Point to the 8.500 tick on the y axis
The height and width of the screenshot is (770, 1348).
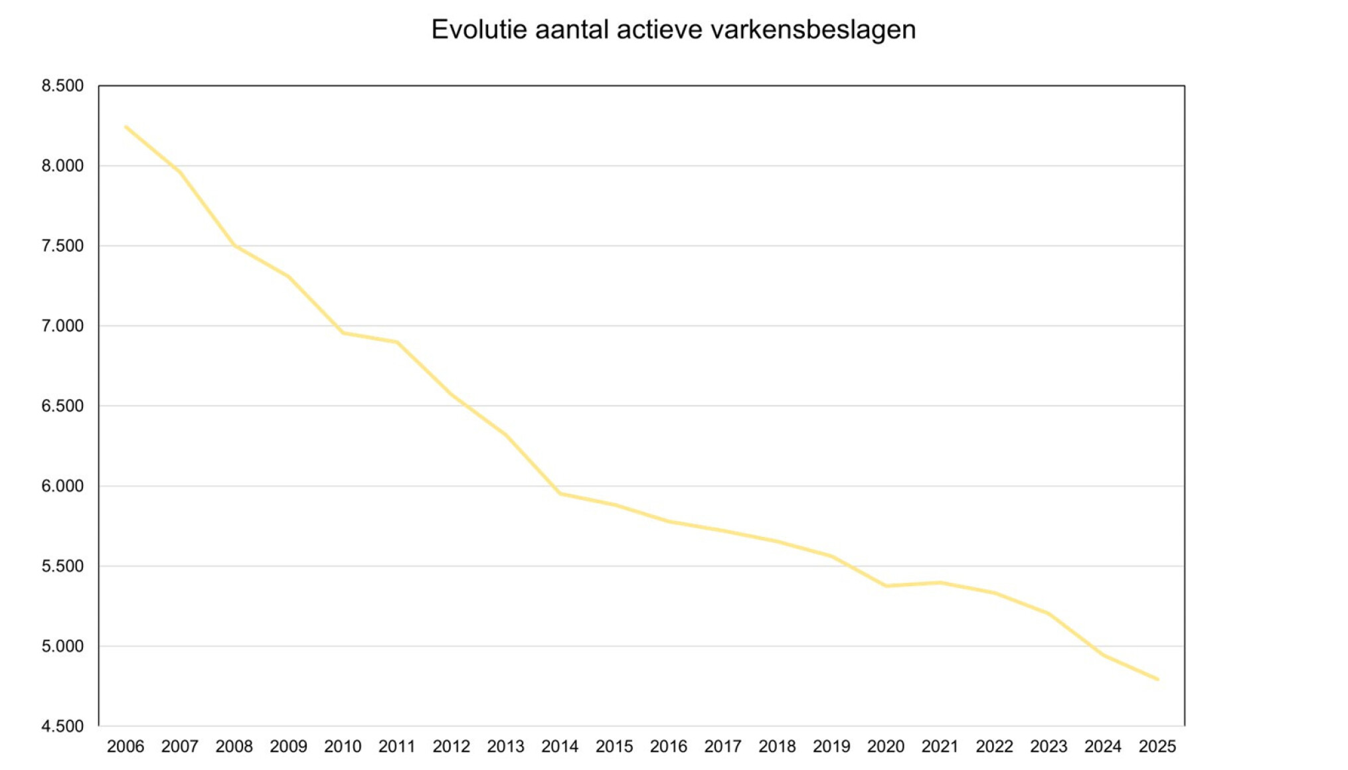point(62,86)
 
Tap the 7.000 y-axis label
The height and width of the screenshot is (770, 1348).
point(62,326)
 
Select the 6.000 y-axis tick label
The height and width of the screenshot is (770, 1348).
point(62,486)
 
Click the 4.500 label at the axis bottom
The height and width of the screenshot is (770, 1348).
point(62,726)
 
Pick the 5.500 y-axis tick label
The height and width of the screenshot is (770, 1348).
point(62,566)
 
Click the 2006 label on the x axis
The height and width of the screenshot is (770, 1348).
point(126,747)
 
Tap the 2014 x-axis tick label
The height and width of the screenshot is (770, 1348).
point(560,747)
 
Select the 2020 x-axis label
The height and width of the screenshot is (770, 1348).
point(886,747)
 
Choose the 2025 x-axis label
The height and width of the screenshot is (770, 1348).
point(1157,747)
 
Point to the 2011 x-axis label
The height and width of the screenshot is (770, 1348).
point(397,747)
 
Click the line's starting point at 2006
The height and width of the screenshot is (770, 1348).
point(126,126)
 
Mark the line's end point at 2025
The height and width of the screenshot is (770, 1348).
point(1157,679)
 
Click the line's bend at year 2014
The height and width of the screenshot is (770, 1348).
point(560,493)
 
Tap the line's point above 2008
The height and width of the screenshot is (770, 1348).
point(234,246)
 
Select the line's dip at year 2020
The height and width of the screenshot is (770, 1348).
point(886,586)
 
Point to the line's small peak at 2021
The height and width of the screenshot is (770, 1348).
point(940,583)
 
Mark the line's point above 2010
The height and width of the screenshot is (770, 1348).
point(343,333)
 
